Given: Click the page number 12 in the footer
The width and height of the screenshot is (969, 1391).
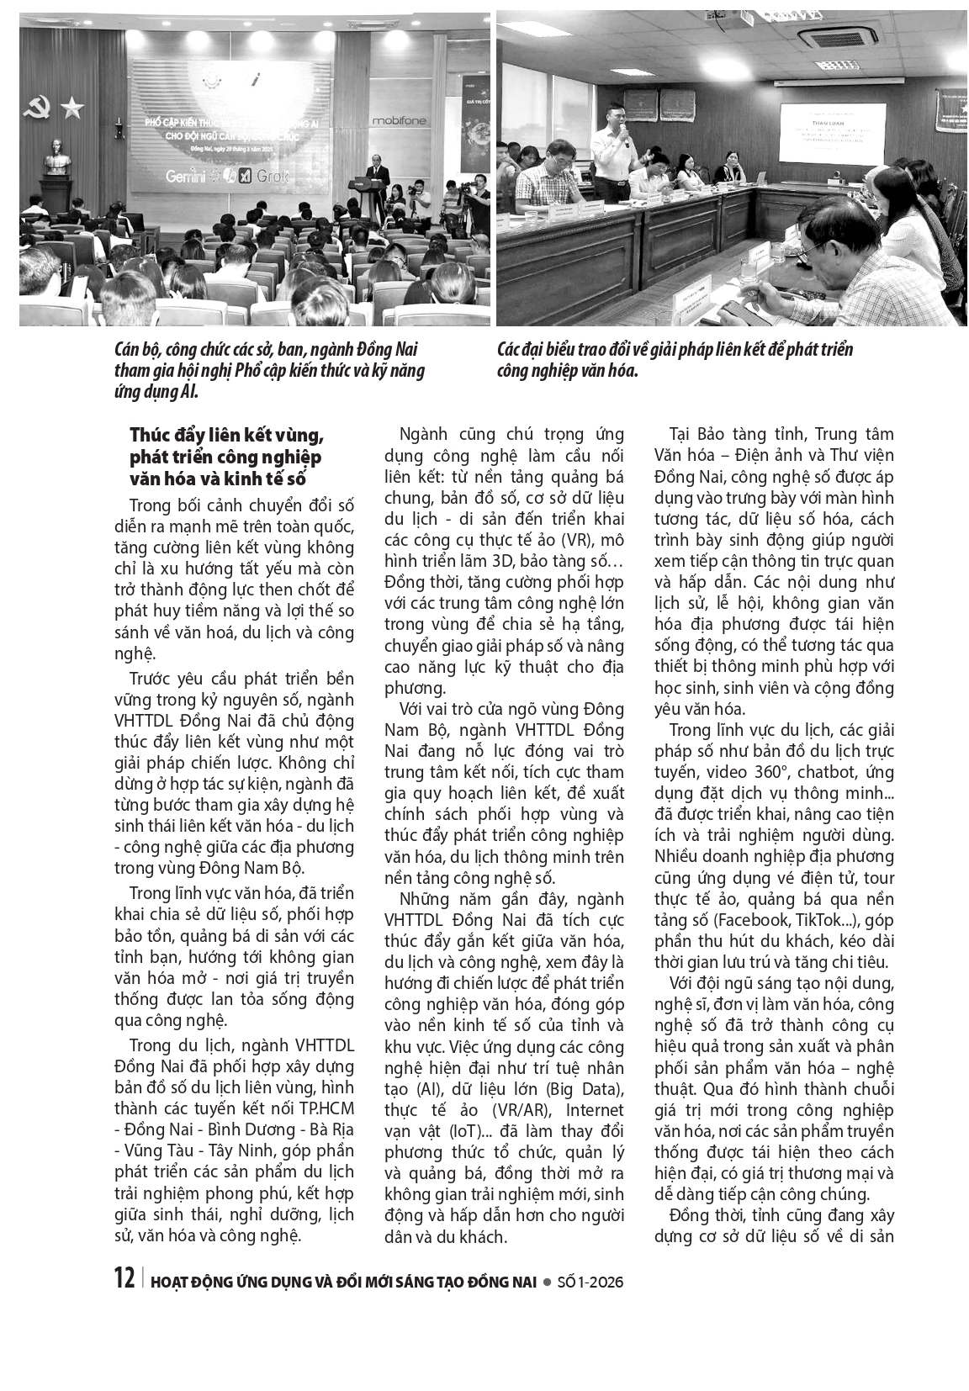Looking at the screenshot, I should [124, 1279].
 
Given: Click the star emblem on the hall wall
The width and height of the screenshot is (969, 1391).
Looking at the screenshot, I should [72, 107].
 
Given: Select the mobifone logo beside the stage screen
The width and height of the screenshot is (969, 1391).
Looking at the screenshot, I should [400, 121].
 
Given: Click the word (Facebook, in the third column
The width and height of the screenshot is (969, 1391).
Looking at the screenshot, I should [740, 921].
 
